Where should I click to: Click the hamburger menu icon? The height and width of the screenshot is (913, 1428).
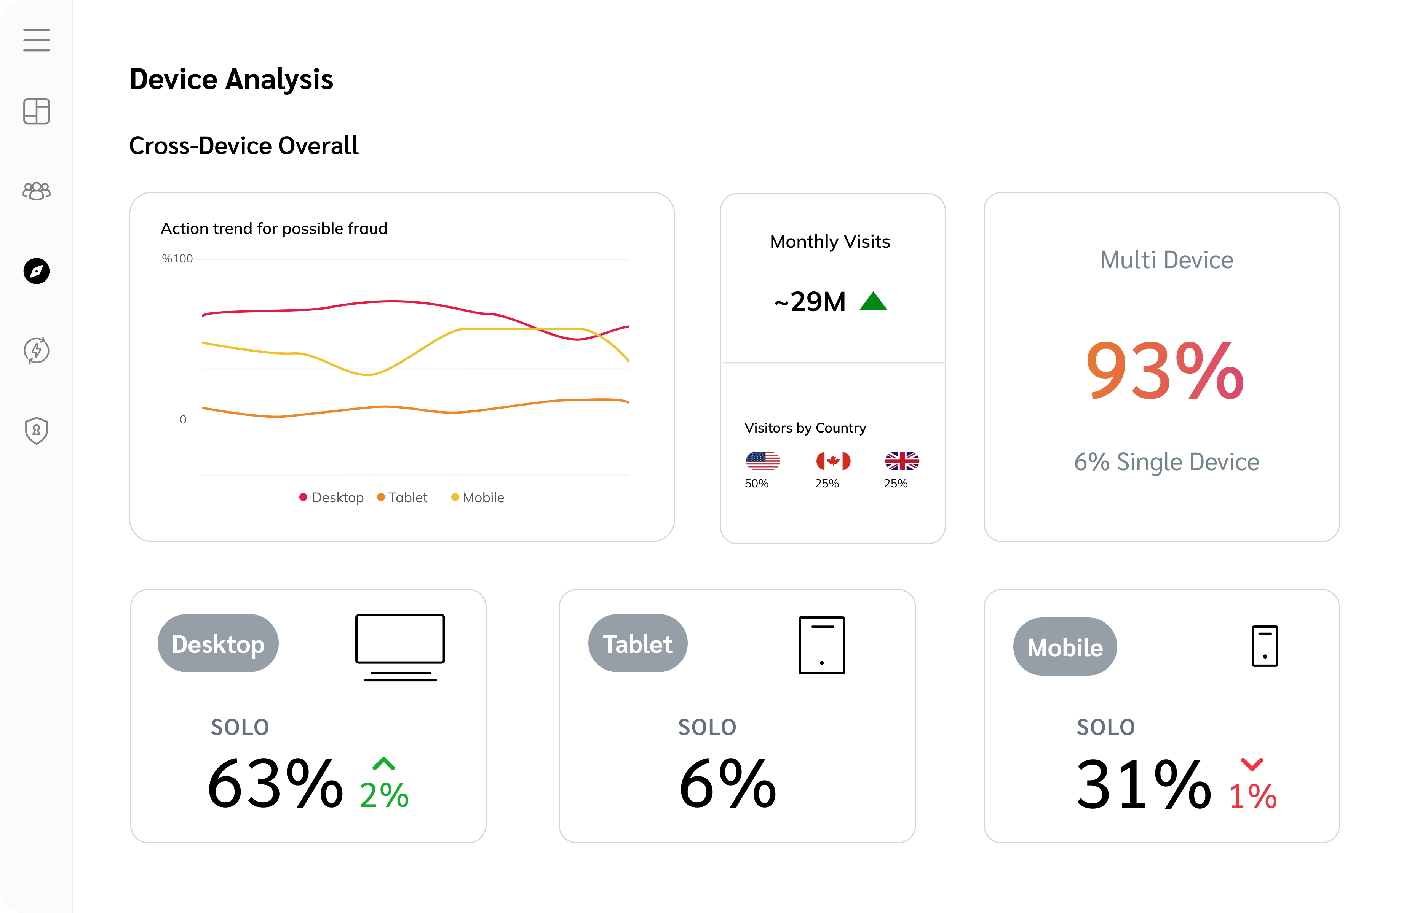click(x=36, y=40)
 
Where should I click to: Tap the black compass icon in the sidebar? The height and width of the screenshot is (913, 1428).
click(x=36, y=271)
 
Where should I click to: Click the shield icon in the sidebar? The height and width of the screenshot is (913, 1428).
click(x=36, y=430)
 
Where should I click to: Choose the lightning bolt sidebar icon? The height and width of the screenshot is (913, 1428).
click(x=36, y=350)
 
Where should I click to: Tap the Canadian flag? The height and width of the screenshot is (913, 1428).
click(x=833, y=461)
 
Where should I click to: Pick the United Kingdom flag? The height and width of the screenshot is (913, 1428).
click(x=902, y=461)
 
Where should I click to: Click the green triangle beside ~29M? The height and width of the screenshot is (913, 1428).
click(x=873, y=301)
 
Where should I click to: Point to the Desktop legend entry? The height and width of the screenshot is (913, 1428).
click(x=332, y=498)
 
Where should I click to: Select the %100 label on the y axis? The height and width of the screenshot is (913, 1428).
click(x=177, y=258)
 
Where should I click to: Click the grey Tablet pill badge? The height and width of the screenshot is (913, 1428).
click(x=638, y=643)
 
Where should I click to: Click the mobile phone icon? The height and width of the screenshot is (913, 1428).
click(x=1265, y=646)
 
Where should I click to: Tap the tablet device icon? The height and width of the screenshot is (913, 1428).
click(x=822, y=645)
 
